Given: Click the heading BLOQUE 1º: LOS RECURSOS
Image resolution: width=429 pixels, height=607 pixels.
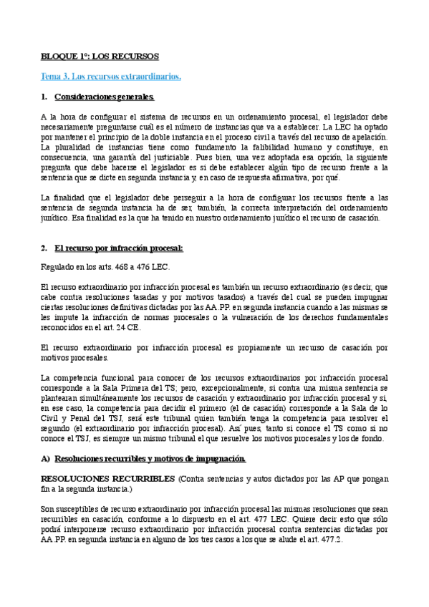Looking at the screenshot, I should pyautogui.click(x=99, y=56).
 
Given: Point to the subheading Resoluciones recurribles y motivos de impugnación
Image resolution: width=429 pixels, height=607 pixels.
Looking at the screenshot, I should pyautogui.click(x=150, y=457).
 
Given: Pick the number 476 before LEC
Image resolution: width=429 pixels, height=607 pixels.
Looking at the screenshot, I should pyautogui.click(x=145, y=268).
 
